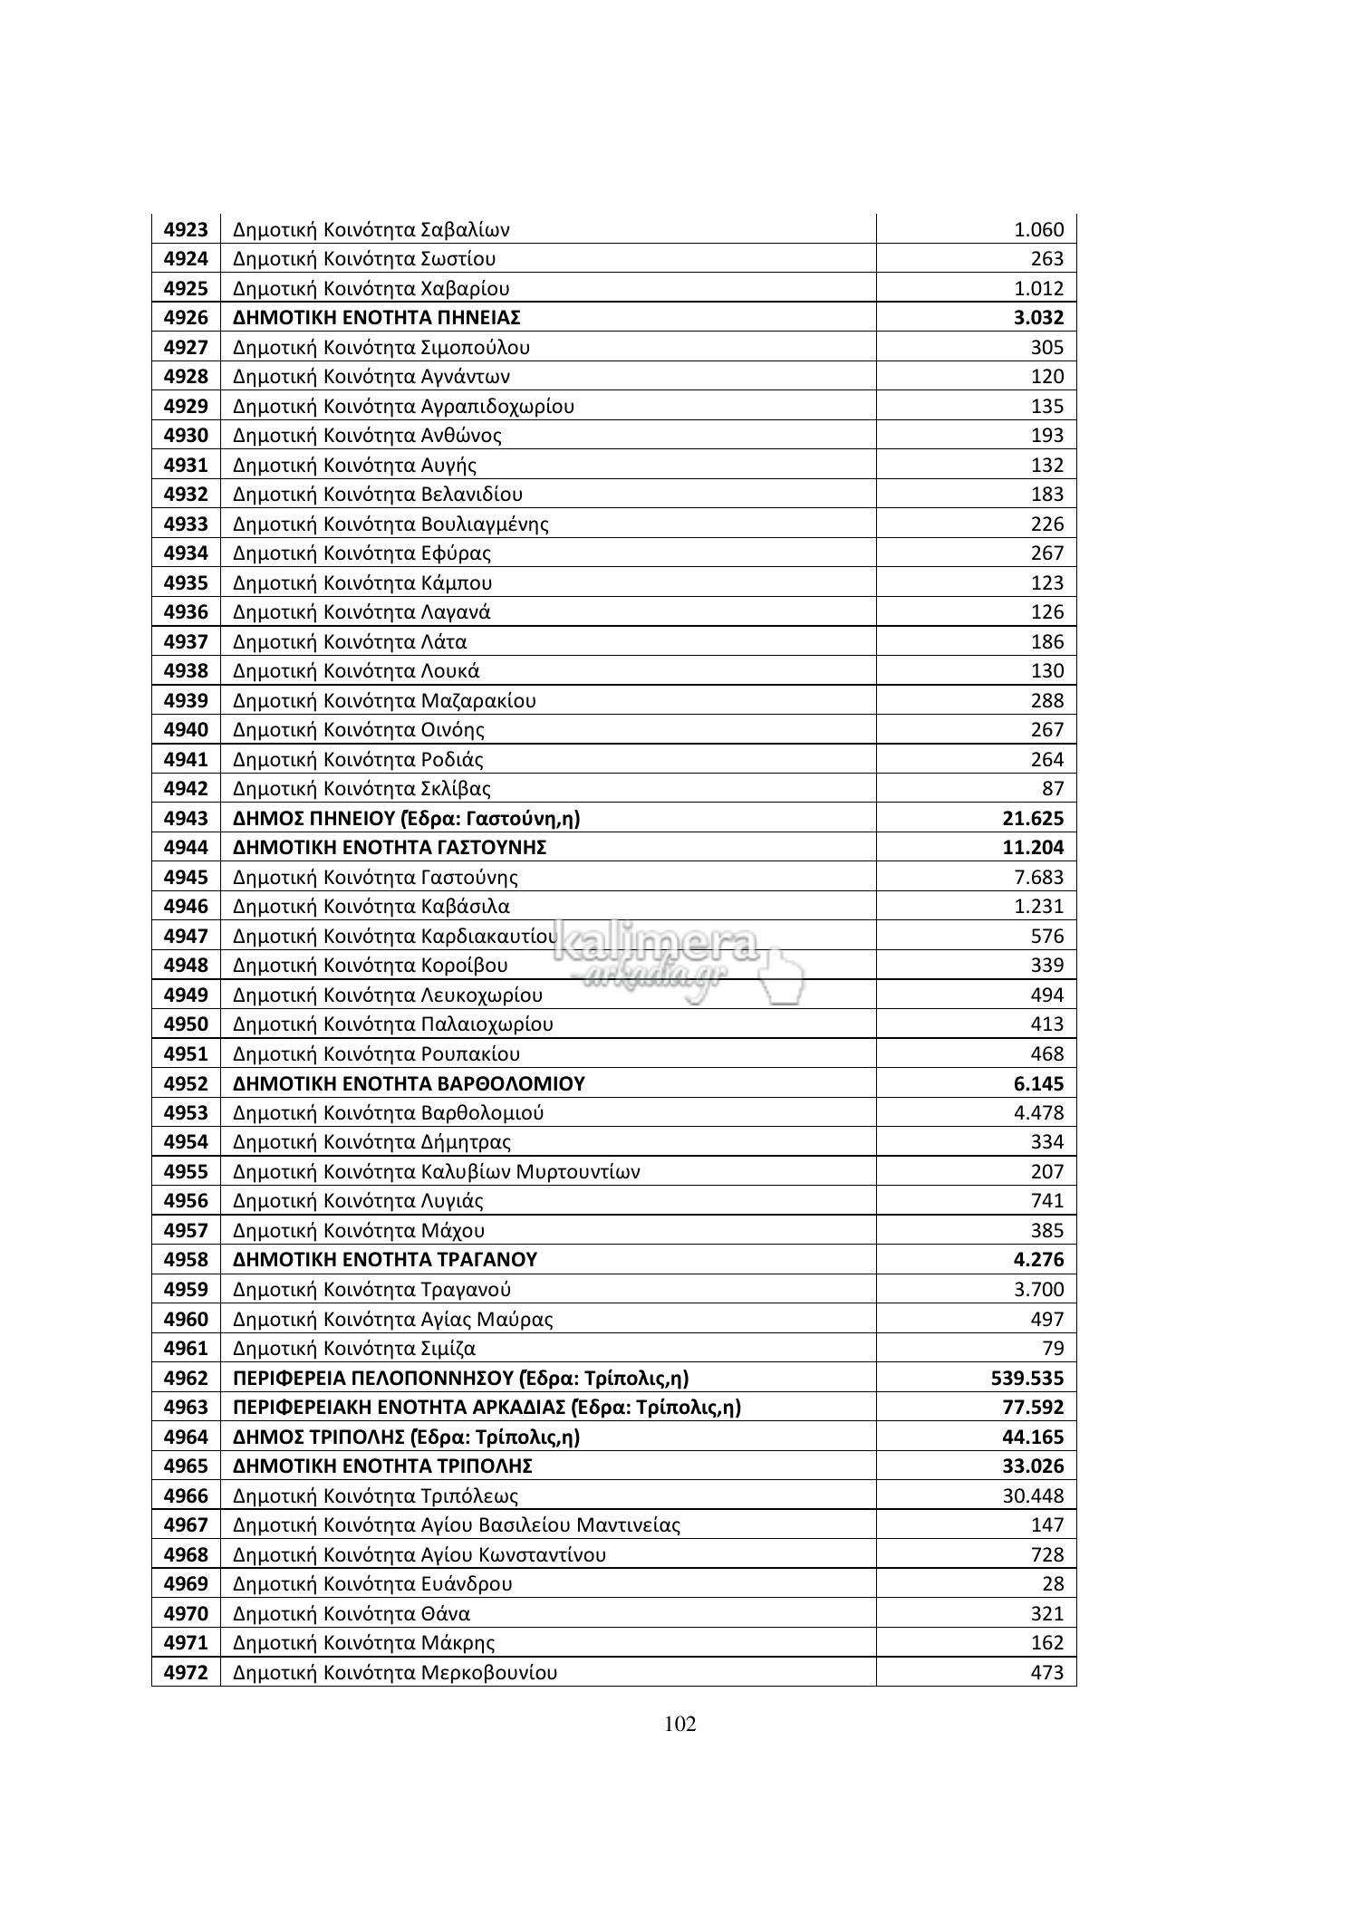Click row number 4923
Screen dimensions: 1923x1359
186,229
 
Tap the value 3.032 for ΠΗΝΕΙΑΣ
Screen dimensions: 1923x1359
1038,318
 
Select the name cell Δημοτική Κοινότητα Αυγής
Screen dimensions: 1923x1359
354,466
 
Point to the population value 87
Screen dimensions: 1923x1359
1052,789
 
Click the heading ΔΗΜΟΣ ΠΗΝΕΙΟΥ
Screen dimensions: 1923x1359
406,819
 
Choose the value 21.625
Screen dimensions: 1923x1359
1033,819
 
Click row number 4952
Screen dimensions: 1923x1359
186,1083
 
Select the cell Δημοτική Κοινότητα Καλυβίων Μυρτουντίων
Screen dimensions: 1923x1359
436,1172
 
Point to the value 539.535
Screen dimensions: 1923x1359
1027,1379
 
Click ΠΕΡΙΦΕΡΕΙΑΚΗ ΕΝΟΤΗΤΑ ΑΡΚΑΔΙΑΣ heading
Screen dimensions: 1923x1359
487,1408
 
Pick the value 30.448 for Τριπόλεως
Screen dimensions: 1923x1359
1033,1496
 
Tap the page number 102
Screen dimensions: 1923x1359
679,1724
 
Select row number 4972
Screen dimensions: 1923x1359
186,1673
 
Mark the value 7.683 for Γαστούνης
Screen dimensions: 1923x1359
1038,878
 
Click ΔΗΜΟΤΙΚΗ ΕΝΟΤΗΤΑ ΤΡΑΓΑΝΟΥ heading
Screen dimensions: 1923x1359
385,1260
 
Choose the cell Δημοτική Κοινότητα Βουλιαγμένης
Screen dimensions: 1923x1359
390,524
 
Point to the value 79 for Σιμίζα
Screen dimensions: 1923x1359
1052,1349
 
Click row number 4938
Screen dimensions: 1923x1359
186,671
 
